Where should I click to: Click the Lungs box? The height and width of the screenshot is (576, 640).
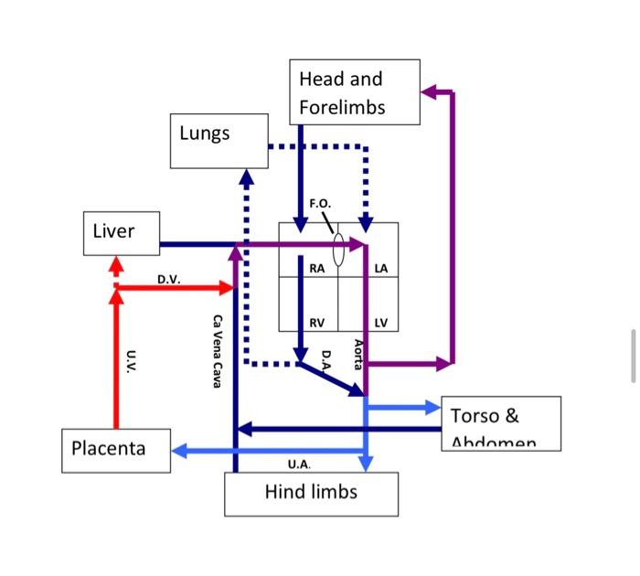[x=219, y=141]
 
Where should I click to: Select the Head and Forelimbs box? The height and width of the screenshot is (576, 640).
[x=355, y=92]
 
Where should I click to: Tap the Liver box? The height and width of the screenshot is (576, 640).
[x=122, y=232]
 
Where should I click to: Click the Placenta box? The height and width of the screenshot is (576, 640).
[x=116, y=450]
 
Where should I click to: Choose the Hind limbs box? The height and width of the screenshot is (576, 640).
[x=311, y=494]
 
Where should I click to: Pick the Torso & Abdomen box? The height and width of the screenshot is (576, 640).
[x=500, y=423]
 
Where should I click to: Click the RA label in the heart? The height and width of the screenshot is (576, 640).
[x=316, y=269]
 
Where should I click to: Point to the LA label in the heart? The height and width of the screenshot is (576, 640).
[x=380, y=269]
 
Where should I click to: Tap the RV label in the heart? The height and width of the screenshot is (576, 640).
[x=316, y=323]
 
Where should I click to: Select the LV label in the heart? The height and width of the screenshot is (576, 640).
[x=380, y=323]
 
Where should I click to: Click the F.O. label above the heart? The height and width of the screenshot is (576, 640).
[x=320, y=203]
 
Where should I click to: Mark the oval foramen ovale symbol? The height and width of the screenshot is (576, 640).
[x=338, y=250]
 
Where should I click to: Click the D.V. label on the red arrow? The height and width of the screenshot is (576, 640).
[x=168, y=278]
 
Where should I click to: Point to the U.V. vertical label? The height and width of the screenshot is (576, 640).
[x=131, y=359]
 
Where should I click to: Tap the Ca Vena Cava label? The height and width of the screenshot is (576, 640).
[x=217, y=351]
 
